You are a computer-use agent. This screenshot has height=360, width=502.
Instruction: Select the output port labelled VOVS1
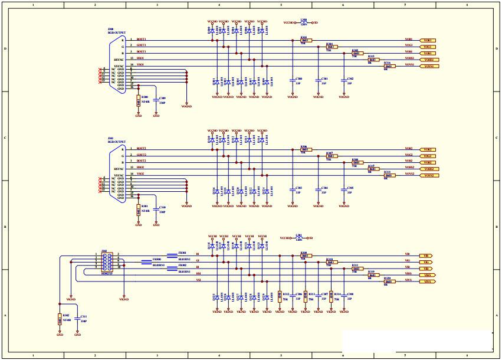[429, 67]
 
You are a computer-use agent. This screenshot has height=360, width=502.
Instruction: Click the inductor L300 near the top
[304, 22]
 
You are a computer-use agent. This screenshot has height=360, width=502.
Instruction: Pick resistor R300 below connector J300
[139, 98]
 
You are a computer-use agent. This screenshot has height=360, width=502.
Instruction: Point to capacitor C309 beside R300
[156, 99]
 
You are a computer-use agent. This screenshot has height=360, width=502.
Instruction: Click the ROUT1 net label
[142, 40]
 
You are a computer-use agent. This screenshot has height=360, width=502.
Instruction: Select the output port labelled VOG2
[429, 156]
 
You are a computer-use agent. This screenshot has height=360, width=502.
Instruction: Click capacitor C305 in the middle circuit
[343, 188]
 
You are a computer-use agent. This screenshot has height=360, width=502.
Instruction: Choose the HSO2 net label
[140, 168]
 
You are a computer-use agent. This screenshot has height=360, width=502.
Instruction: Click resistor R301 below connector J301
[139, 209]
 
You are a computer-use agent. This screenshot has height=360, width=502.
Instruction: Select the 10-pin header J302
[107, 262]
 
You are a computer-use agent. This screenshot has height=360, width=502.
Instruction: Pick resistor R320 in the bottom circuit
[388, 282]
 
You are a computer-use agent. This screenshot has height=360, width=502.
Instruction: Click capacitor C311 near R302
[78, 319]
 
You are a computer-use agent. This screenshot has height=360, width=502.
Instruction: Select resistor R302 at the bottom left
[60, 319]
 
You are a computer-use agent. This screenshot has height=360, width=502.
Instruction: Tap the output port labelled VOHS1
[429, 60]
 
